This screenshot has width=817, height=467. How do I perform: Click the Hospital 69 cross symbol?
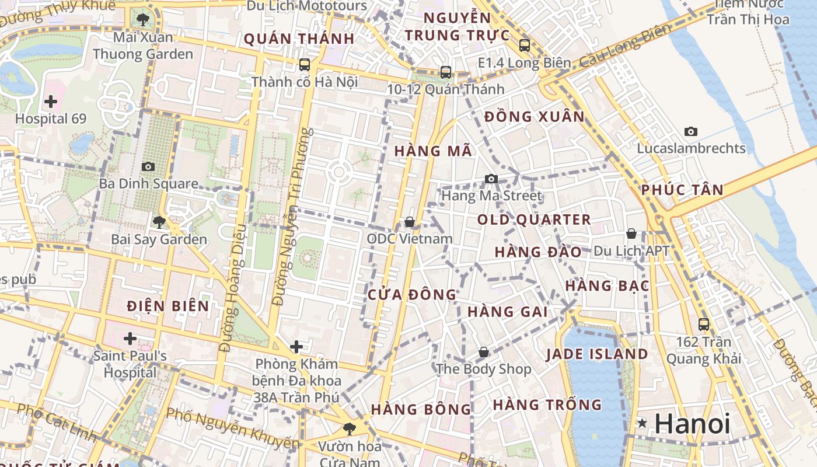point(51,102)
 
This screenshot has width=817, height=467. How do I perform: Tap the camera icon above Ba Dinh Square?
point(148,166)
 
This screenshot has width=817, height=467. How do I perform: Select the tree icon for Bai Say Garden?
point(158,222)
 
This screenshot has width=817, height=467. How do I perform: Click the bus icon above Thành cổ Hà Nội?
point(305,64)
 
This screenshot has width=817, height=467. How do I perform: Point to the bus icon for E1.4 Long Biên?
point(524,45)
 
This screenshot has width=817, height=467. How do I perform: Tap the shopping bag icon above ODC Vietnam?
point(410,222)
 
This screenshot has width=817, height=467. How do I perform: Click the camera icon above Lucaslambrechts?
point(691,131)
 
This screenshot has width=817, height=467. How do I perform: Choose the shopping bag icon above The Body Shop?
point(483,352)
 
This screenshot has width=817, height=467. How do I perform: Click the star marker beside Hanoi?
point(643,423)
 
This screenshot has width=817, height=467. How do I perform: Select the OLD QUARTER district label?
point(534,220)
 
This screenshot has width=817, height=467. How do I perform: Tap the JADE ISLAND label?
point(597,354)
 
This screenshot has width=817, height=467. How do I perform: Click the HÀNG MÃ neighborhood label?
point(432,151)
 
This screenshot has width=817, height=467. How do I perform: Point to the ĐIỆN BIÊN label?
point(167,306)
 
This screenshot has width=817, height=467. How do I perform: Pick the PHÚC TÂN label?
point(682,190)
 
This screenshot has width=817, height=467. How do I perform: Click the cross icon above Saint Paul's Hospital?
point(130,339)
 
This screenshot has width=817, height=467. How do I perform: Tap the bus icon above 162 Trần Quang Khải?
point(704,324)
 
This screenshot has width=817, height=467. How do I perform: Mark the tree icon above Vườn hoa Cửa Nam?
point(349,429)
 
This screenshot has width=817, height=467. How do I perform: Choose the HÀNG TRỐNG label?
point(547,405)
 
